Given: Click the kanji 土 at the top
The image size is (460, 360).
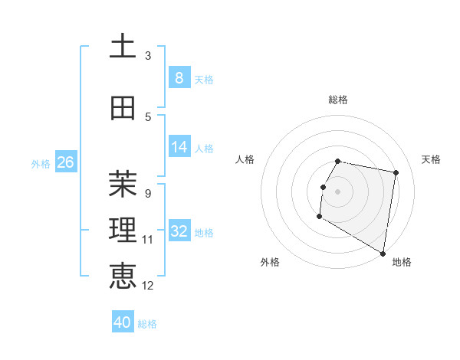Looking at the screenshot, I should tap(123, 47).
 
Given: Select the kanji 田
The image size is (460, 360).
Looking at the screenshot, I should tap(123, 108).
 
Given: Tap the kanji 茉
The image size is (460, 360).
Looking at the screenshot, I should tap(123, 184).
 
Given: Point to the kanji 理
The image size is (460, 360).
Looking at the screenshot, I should tap(123, 230).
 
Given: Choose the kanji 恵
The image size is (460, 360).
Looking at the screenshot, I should tap(123, 276).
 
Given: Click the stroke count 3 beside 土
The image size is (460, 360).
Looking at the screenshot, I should tap(147, 56).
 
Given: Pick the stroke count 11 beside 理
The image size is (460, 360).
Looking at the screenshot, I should tap(147, 240).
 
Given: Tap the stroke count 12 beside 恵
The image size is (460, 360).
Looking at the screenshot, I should tap(147, 286).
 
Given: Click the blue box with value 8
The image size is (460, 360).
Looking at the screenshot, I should tap(179, 78).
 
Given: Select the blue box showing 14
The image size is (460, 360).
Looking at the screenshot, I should tap(179, 147).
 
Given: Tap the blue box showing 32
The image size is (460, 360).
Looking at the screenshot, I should tap(179, 231).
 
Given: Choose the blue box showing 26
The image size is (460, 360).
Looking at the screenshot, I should tap(65, 162).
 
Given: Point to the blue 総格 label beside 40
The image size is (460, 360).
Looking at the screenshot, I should tap(147, 324).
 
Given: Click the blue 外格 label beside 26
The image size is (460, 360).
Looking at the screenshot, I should tap(41, 163).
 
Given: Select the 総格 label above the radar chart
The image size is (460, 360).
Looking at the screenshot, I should tap(338, 100).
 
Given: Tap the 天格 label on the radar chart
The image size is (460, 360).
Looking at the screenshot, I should tap(431, 159).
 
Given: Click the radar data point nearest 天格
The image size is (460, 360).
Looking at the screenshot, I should tap(396, 173).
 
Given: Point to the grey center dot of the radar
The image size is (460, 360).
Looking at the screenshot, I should tap(337, 191).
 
